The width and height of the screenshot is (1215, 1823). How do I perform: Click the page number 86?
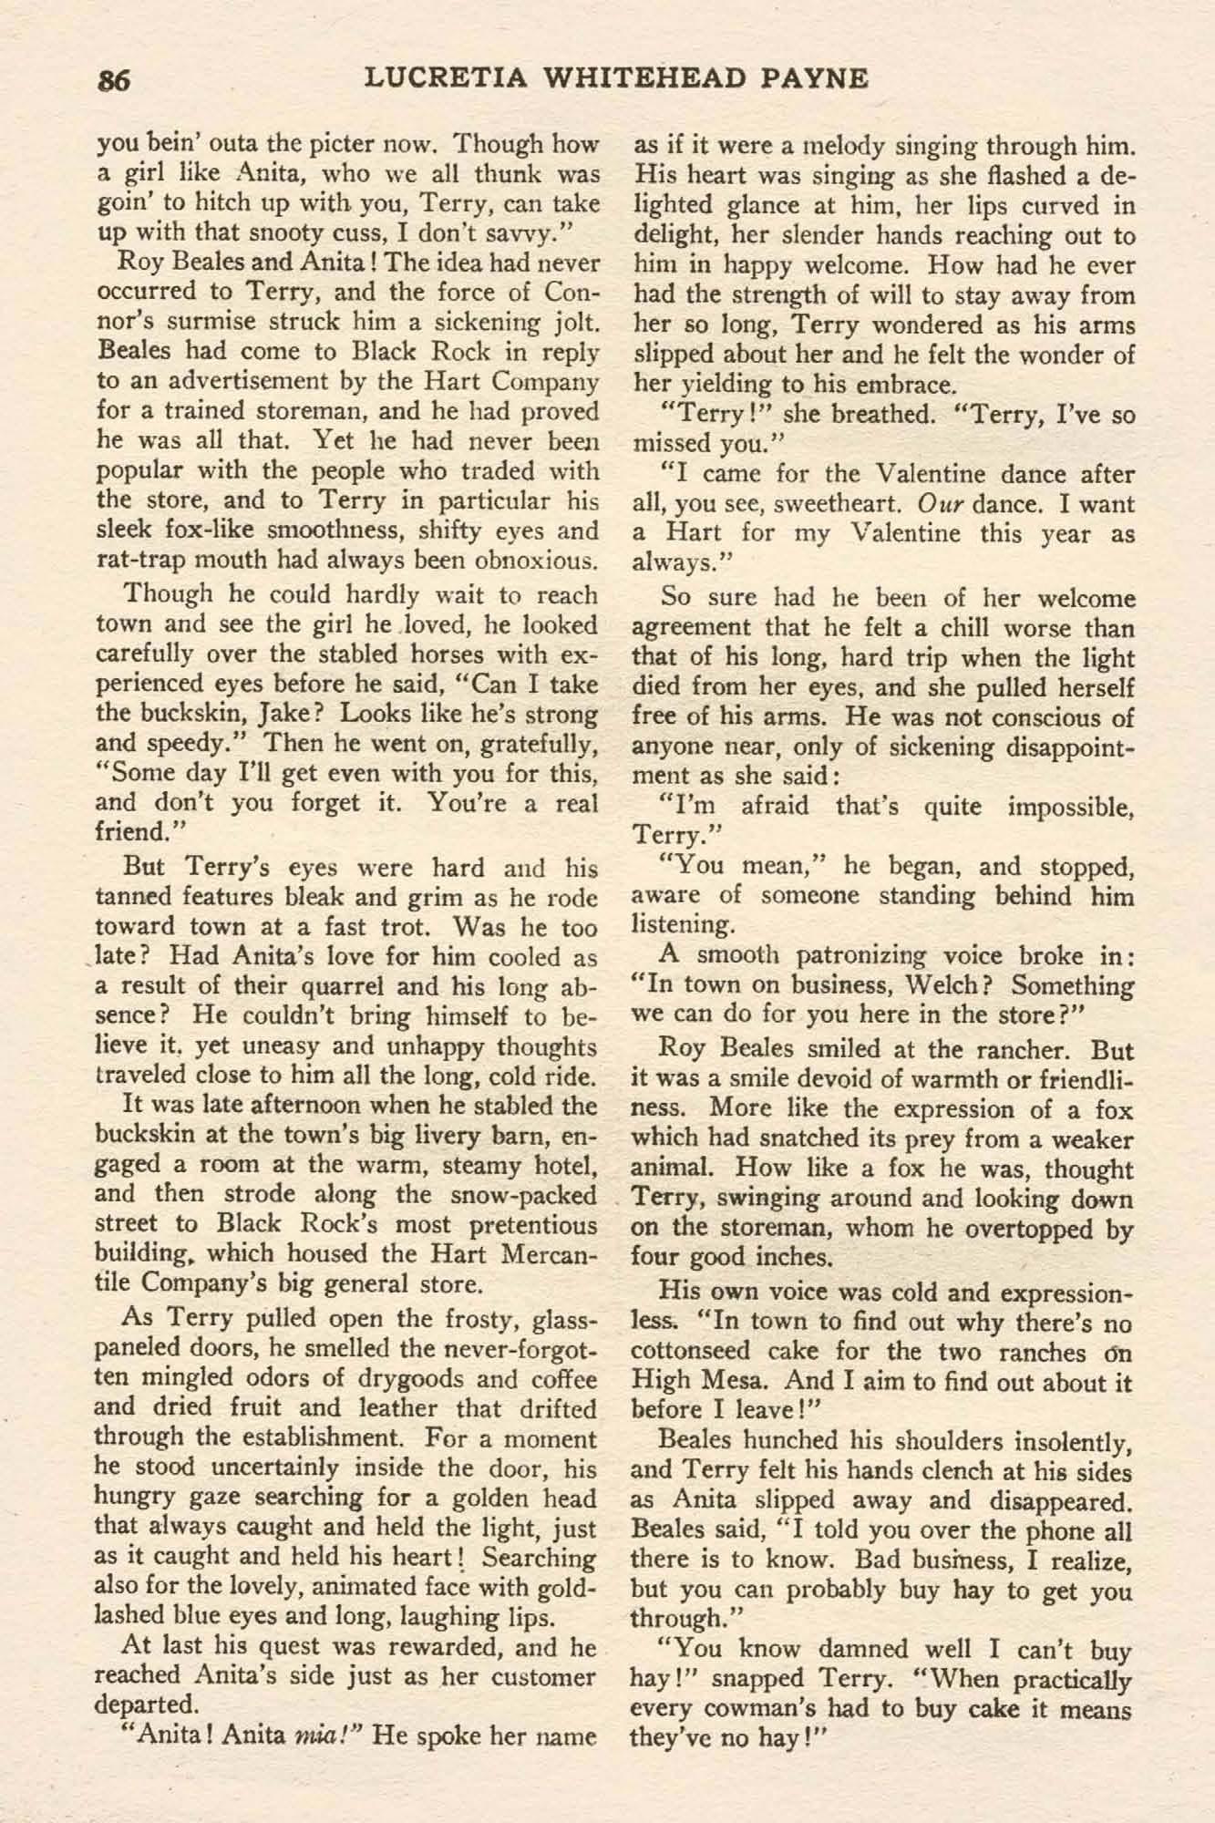[x=116, y=81]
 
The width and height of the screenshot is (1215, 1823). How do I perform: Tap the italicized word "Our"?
[x=936, y=504]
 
